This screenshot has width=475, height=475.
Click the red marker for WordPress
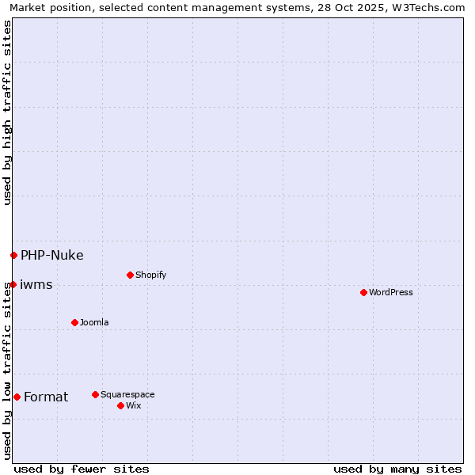363,292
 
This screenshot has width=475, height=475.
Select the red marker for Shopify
130,275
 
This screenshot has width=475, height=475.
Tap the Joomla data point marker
74,322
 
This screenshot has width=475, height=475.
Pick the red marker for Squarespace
95,394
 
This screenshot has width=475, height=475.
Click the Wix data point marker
120,405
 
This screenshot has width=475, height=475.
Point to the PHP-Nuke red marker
13,255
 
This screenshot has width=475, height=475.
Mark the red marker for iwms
13,284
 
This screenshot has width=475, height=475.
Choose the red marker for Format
17,397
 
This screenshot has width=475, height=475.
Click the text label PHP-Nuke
51,255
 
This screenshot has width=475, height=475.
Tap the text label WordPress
390,292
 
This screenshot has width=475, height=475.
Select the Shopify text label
150,275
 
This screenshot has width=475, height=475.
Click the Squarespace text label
127,394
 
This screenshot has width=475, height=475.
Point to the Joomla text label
94,322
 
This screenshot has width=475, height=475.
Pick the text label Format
46,397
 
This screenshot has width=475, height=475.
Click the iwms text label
36,284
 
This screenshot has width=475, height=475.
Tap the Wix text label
134,405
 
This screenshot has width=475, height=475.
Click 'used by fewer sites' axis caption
82,469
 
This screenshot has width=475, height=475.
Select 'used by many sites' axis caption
397,469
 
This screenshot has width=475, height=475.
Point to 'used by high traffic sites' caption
8,112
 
